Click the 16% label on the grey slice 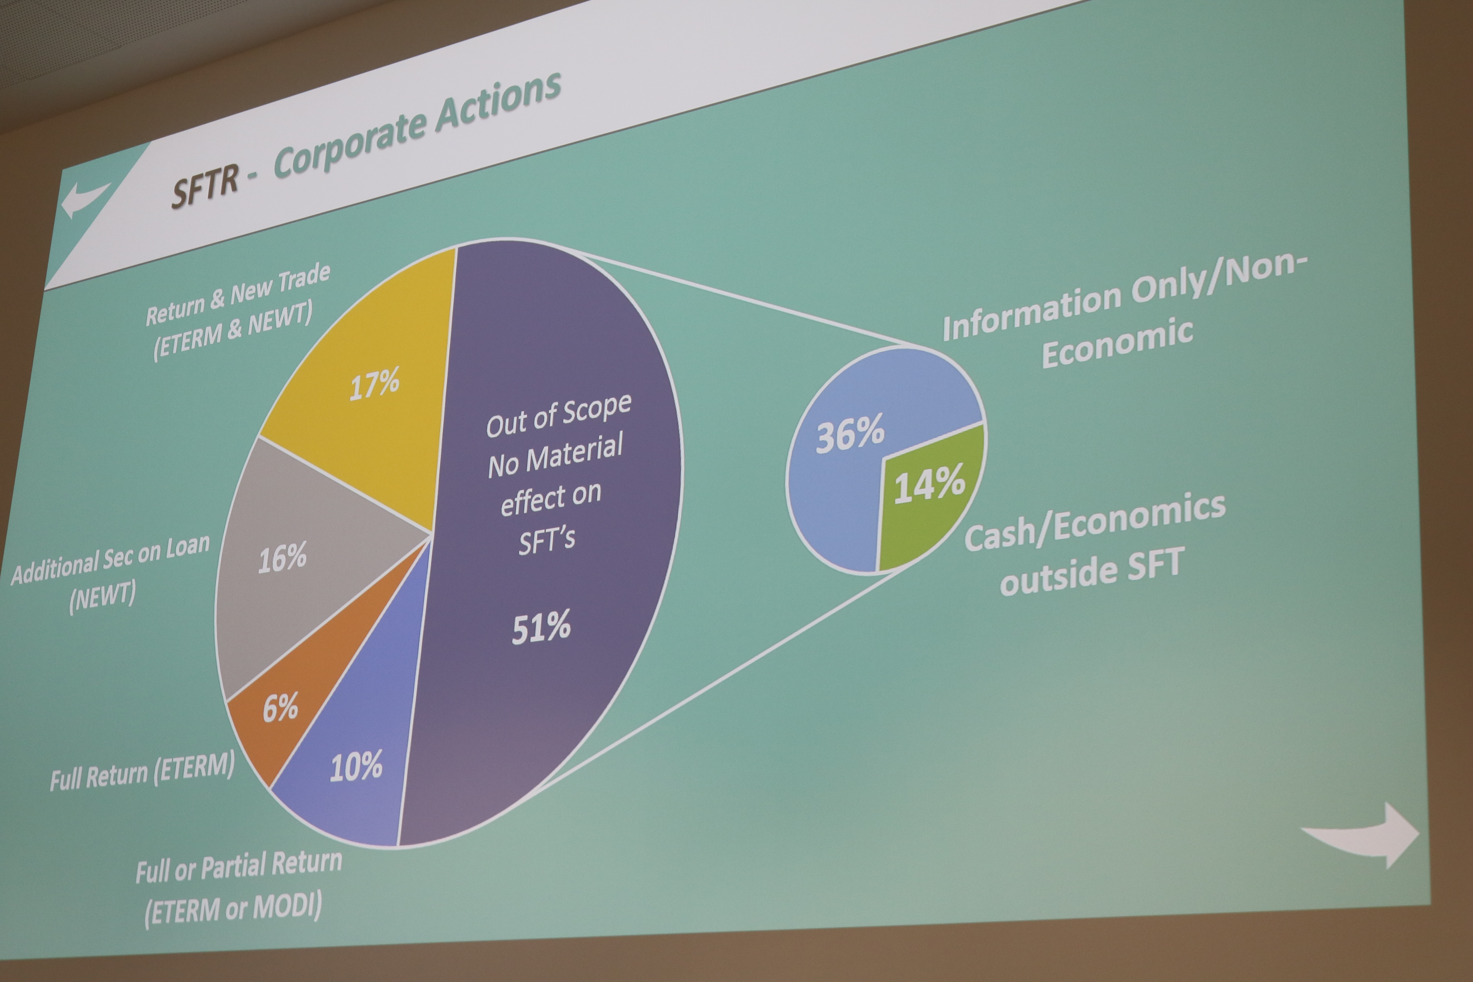click(283, 557)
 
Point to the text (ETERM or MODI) click(233, 908)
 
